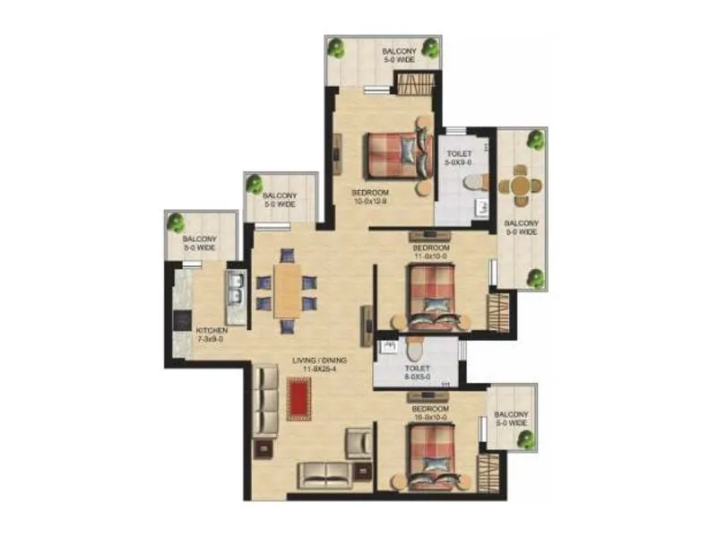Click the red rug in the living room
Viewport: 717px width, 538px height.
tap(298, 399)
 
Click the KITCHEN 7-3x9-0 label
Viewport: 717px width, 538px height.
tap(212, 335)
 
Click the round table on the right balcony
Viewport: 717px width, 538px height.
tap(520, 187)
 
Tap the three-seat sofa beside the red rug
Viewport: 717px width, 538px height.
tap(266, 400)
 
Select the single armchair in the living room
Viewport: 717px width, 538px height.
tap(358, 442)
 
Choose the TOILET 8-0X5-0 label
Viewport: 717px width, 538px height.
tap(417, 372)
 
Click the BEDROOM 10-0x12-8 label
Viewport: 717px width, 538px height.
tap(370, 197)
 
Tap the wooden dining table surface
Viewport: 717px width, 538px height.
tap(287, 291)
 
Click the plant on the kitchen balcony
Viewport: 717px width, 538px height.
tap(177, 222)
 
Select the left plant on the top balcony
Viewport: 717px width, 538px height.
tap(337, 48)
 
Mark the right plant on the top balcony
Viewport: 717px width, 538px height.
tap(430, 48)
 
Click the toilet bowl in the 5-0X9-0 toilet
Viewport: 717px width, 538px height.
tap(472, 183)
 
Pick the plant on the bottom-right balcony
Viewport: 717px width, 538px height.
tap(525, 439)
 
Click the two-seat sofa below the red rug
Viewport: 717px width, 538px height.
tap(324, 473)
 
